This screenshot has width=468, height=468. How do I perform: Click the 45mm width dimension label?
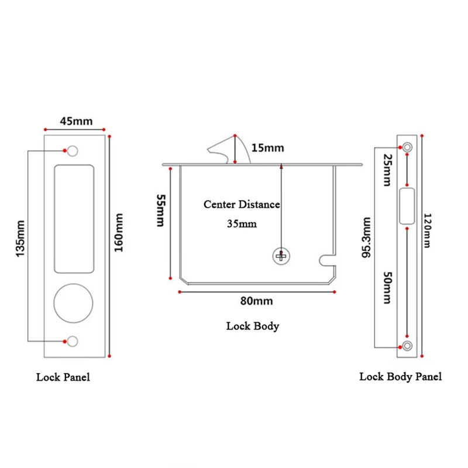coord(76,121)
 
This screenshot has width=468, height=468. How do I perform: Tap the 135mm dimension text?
coord(20,239)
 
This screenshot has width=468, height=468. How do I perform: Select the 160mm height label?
coord(119,232)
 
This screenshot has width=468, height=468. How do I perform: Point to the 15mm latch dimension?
coord(268,148)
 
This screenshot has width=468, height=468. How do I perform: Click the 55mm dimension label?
coord(161,211)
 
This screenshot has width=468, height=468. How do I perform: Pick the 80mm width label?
coord(257,301)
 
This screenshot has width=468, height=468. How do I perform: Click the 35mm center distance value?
coord(242,224)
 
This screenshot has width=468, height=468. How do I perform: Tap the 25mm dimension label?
coord(387,170)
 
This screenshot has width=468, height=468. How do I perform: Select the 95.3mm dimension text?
coord(366,238)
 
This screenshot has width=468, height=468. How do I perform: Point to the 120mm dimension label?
coord(428,230)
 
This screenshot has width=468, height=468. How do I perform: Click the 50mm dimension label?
coord(387,287)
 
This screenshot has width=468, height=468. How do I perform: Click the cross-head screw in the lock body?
coord(281,256)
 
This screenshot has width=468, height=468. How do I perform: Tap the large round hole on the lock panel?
coord(74,303)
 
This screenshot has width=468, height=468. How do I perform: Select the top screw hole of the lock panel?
coord(73,151)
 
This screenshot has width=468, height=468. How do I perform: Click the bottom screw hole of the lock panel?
coord(73,341)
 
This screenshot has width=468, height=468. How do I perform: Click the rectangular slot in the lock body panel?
coord(407,206)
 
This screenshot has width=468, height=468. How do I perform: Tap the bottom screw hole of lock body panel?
coord(407,346)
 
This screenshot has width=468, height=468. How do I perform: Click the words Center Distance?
coord(242,204)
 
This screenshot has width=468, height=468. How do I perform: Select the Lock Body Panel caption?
coord(400,377)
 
